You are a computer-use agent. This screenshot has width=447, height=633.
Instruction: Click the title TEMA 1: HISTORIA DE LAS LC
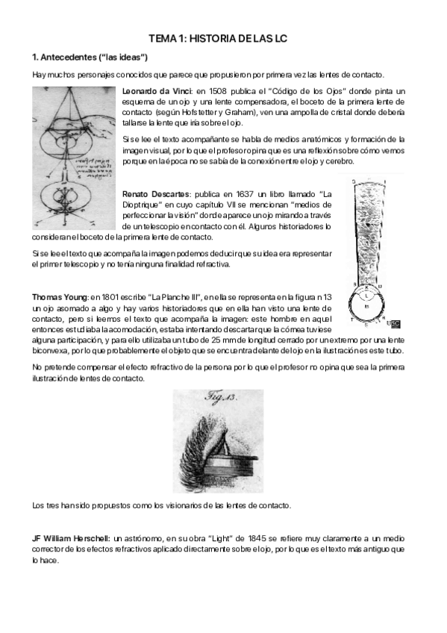coord(223,37)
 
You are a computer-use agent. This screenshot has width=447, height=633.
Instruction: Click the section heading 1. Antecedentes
coord(90,57)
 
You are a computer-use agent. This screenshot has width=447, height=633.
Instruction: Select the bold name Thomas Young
coord(59,297)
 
